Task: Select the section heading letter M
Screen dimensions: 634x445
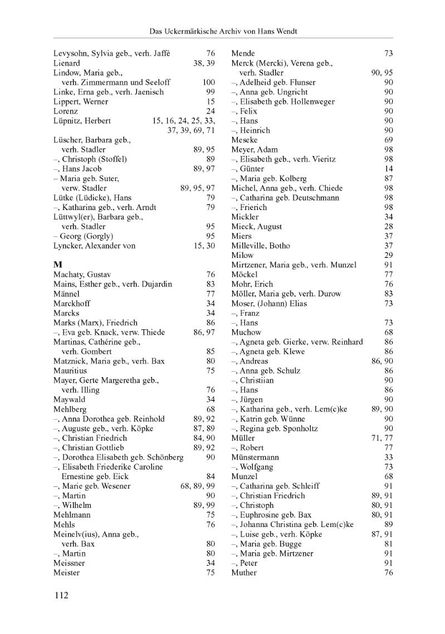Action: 57,265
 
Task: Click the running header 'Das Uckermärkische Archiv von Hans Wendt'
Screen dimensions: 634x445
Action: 223,31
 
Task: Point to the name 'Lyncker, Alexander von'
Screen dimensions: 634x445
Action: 94,246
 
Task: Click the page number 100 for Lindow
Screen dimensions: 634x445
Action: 209,82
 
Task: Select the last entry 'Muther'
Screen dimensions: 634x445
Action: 244,573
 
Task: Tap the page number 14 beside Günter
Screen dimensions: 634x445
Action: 389,169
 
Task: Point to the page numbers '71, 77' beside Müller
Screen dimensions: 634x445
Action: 382,438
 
